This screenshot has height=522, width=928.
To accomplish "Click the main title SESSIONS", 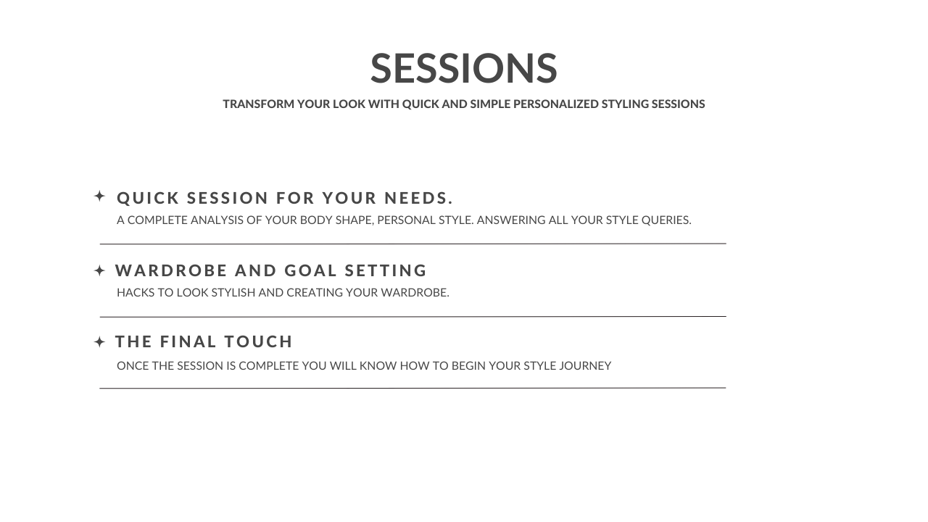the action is (x=463, y=68).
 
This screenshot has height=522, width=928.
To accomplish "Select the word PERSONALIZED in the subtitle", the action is (x=556, y=104).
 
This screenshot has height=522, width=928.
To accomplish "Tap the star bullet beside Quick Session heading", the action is (x=99, y=196).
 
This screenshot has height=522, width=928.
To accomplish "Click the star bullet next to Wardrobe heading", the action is (x=99, y=270).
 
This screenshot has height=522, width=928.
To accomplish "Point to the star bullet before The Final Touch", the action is (x=99, y=342).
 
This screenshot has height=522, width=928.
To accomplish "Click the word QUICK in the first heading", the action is (x=148, y=198).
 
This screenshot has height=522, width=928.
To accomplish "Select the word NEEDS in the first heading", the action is (x=415, y=198).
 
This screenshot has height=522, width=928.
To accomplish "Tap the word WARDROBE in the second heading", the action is (x=171, y=270).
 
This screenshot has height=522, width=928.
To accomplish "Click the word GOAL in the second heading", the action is (x=311, y=270).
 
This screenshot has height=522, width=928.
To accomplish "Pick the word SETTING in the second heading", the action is (x=385, y=270).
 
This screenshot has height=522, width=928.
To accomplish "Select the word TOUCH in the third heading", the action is (x=259, y=341).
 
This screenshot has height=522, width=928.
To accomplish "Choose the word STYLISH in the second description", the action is (x=233, y=292).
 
